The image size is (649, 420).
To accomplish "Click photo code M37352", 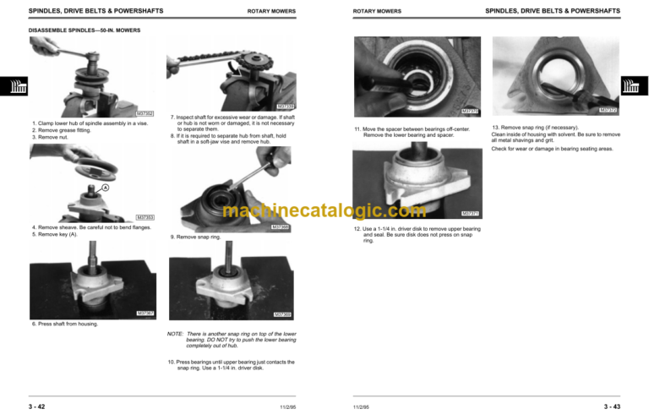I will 145,112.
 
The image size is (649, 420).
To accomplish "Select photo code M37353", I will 145,217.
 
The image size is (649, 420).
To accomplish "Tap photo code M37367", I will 145,314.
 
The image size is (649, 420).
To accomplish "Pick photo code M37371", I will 471,213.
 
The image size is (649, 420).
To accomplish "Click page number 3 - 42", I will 36,407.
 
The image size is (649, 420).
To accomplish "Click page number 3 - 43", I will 611,407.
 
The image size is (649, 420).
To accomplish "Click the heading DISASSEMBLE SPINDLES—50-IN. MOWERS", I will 85,30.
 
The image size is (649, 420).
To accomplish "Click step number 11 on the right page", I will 357,128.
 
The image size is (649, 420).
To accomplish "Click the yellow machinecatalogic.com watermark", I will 324,211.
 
